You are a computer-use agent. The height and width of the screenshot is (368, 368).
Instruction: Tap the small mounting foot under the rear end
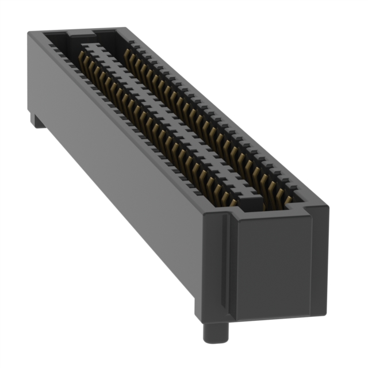tap(37, 120)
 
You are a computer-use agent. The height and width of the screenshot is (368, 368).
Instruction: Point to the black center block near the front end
tap(248, 202)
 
